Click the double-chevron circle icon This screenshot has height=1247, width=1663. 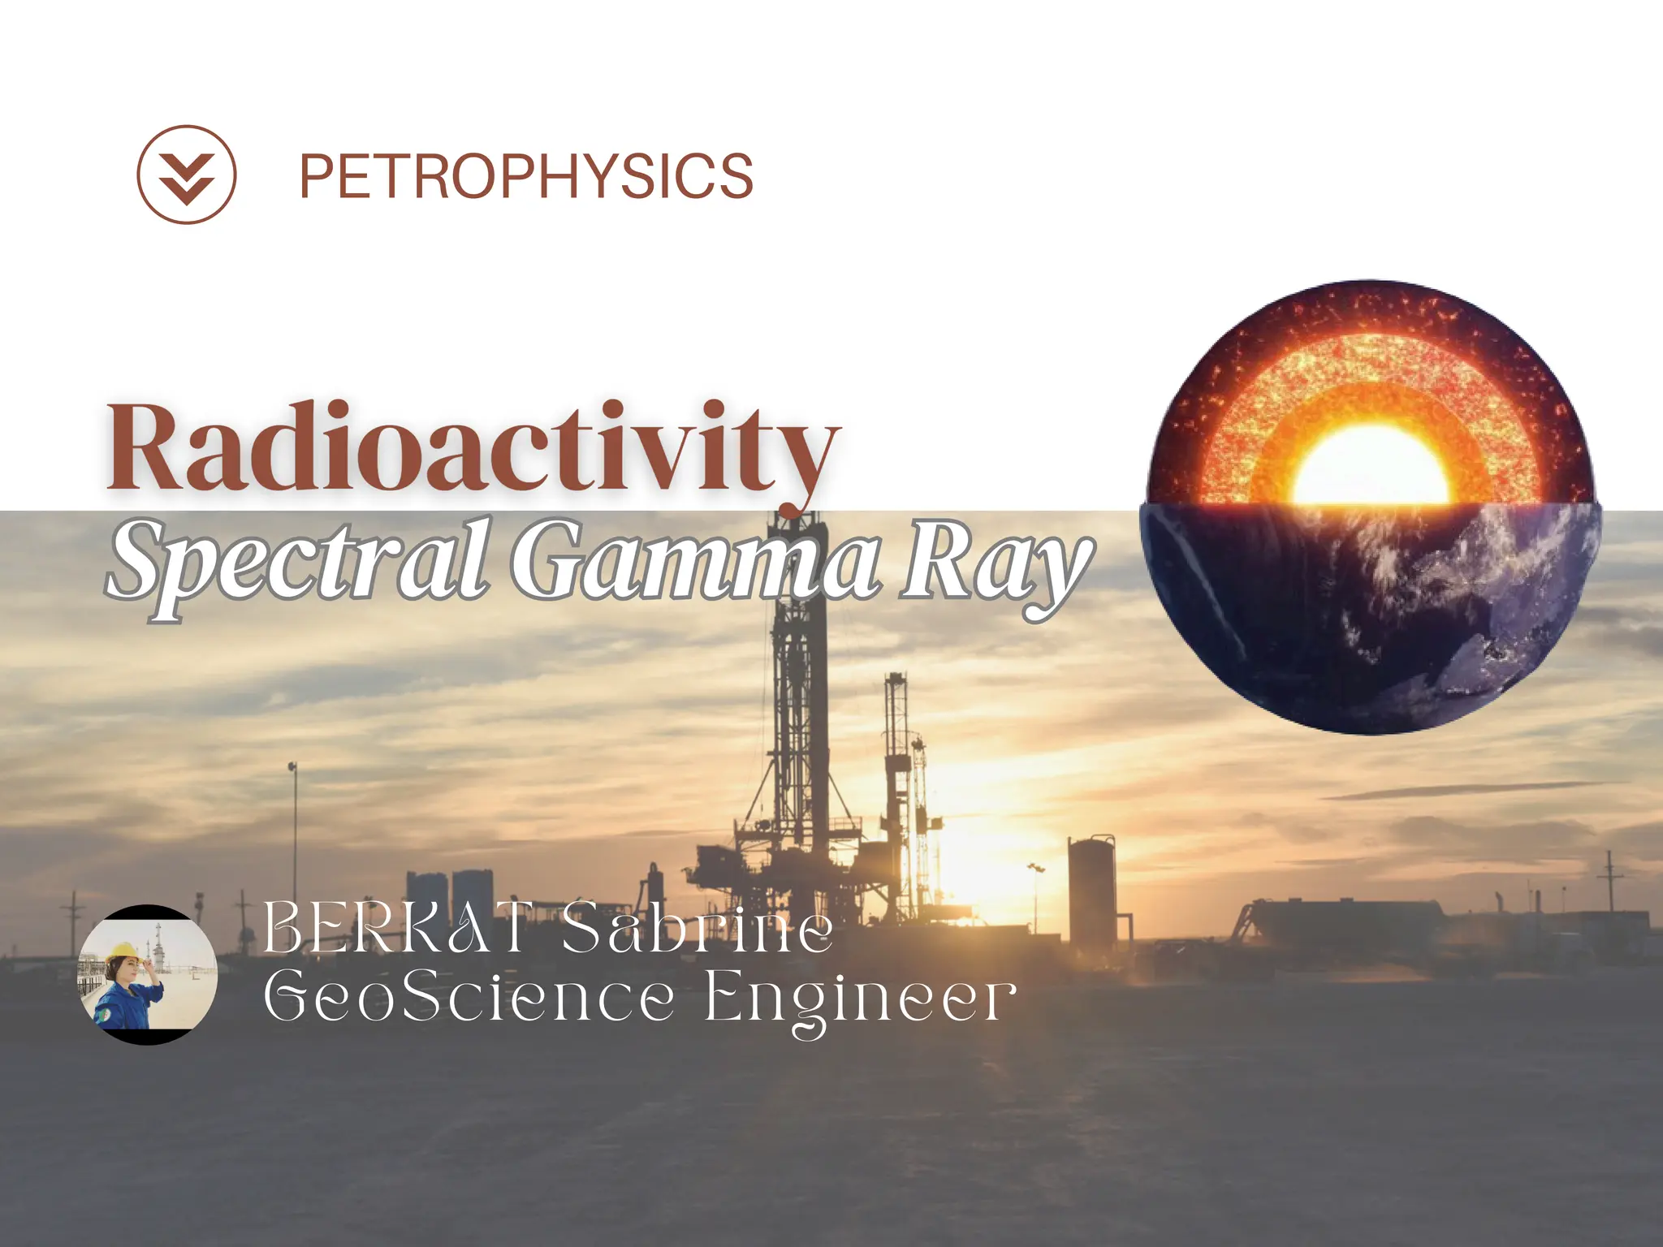(186, 175)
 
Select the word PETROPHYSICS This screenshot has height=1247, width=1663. (526, 176)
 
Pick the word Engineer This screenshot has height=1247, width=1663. (859, 999)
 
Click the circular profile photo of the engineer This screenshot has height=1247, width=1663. (147, 974)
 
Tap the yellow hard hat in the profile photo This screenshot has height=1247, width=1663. (124, 951)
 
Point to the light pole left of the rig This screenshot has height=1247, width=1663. (293, 836)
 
